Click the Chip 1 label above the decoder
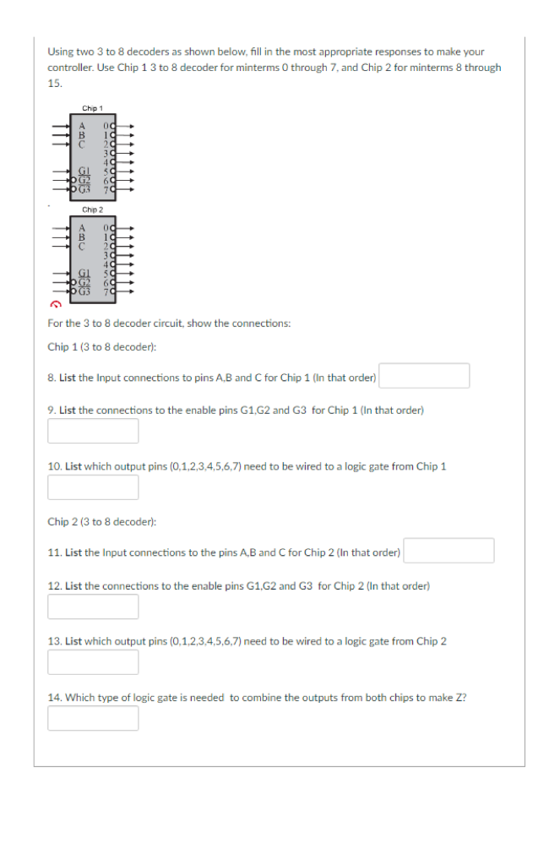(x=92, y=108)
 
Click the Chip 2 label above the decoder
(x=92, y=209)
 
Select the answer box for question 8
(x=424, y=376)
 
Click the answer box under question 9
(x=93, y=431)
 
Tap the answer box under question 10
(x=93, y=487)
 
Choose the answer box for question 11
(x=449, y=551)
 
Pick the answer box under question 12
(x=93, y=607)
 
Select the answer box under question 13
(x=93, y=662)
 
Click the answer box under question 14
(x=93, y=718)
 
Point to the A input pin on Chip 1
(x=82, y=127)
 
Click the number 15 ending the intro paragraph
(x=53, y=84)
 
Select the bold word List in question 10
(x=73, y=466)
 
